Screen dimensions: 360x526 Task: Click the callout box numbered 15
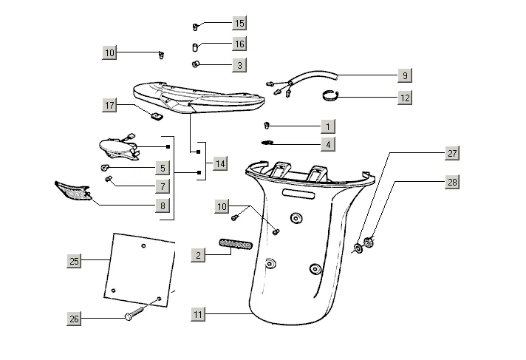click(239, 23)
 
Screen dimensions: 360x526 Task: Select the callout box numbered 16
click(239, 44)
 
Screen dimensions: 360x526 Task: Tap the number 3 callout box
click(239, 66)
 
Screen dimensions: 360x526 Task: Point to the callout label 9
click(404, 75)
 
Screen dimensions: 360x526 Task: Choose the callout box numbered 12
click(404, 97)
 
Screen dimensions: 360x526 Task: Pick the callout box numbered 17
click(109, 106)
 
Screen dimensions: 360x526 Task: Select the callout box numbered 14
click(219, 163)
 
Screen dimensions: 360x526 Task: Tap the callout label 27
click(452, 154)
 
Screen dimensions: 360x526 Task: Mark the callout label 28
click(452, 182)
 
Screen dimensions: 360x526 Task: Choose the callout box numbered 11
click(198, 315)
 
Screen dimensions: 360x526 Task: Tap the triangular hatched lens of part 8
click(73, 191)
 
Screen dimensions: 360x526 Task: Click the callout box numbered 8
click(163, 206)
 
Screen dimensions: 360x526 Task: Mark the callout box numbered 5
click(163, 168)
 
